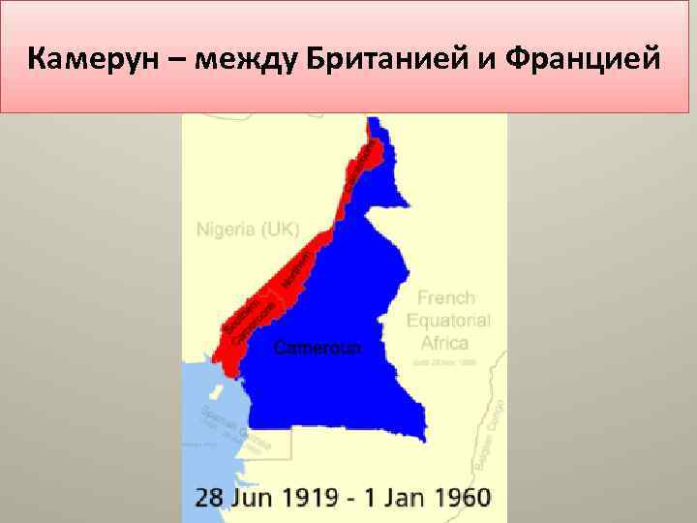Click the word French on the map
(446, 298)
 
